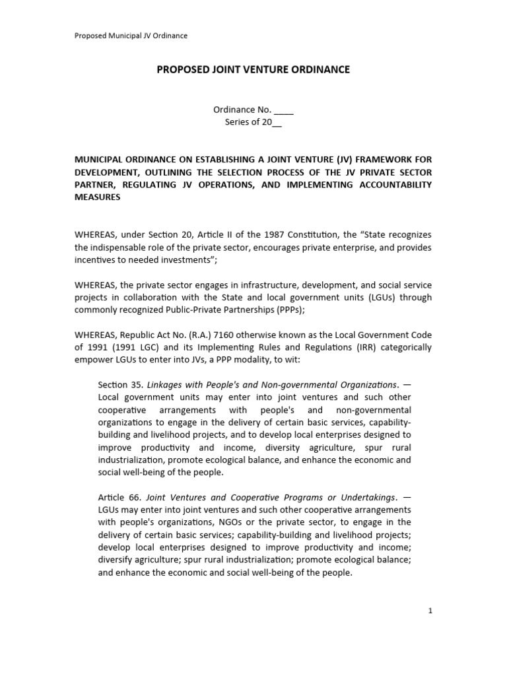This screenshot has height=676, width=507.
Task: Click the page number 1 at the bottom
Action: [430, 611]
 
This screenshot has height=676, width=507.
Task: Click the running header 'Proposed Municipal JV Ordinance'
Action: [131, 36]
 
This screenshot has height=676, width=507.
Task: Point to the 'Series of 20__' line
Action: [253, 122]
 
